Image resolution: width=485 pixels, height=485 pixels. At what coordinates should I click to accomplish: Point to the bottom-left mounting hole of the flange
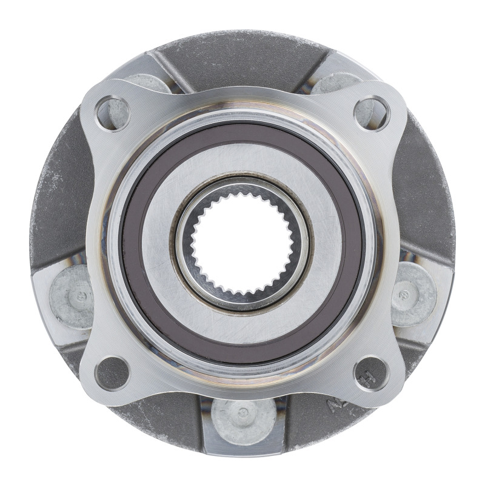click(113, 371)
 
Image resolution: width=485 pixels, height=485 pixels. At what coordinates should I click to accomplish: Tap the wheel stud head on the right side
click(413, 296)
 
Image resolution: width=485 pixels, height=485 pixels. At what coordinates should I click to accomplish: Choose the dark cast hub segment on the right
click(427, 200)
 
